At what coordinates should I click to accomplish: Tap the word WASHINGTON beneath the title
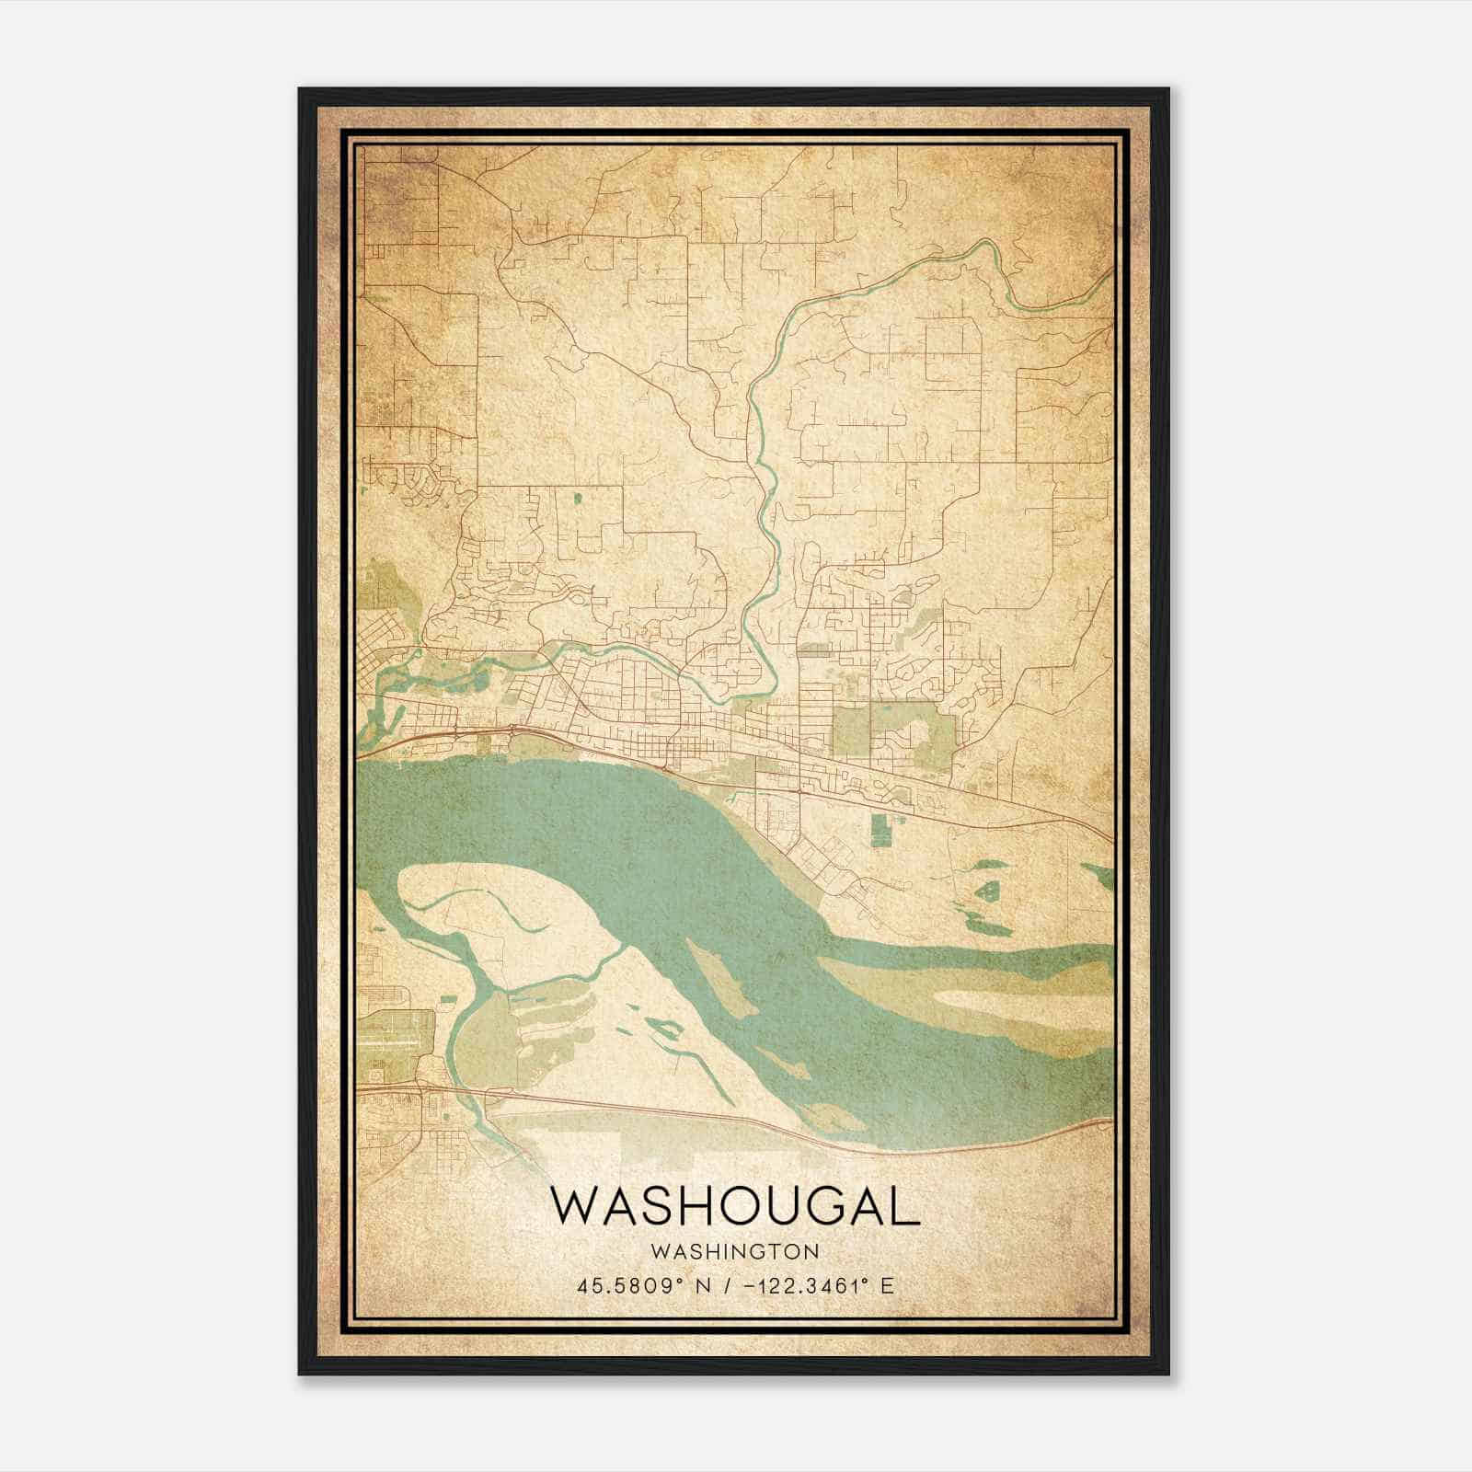[x=734, y=1251]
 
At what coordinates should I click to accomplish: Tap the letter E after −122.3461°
[x=887, y=1285]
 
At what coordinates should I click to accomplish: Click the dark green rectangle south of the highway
[x=881, y=828]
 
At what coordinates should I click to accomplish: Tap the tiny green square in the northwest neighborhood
[x=577, y=499]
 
